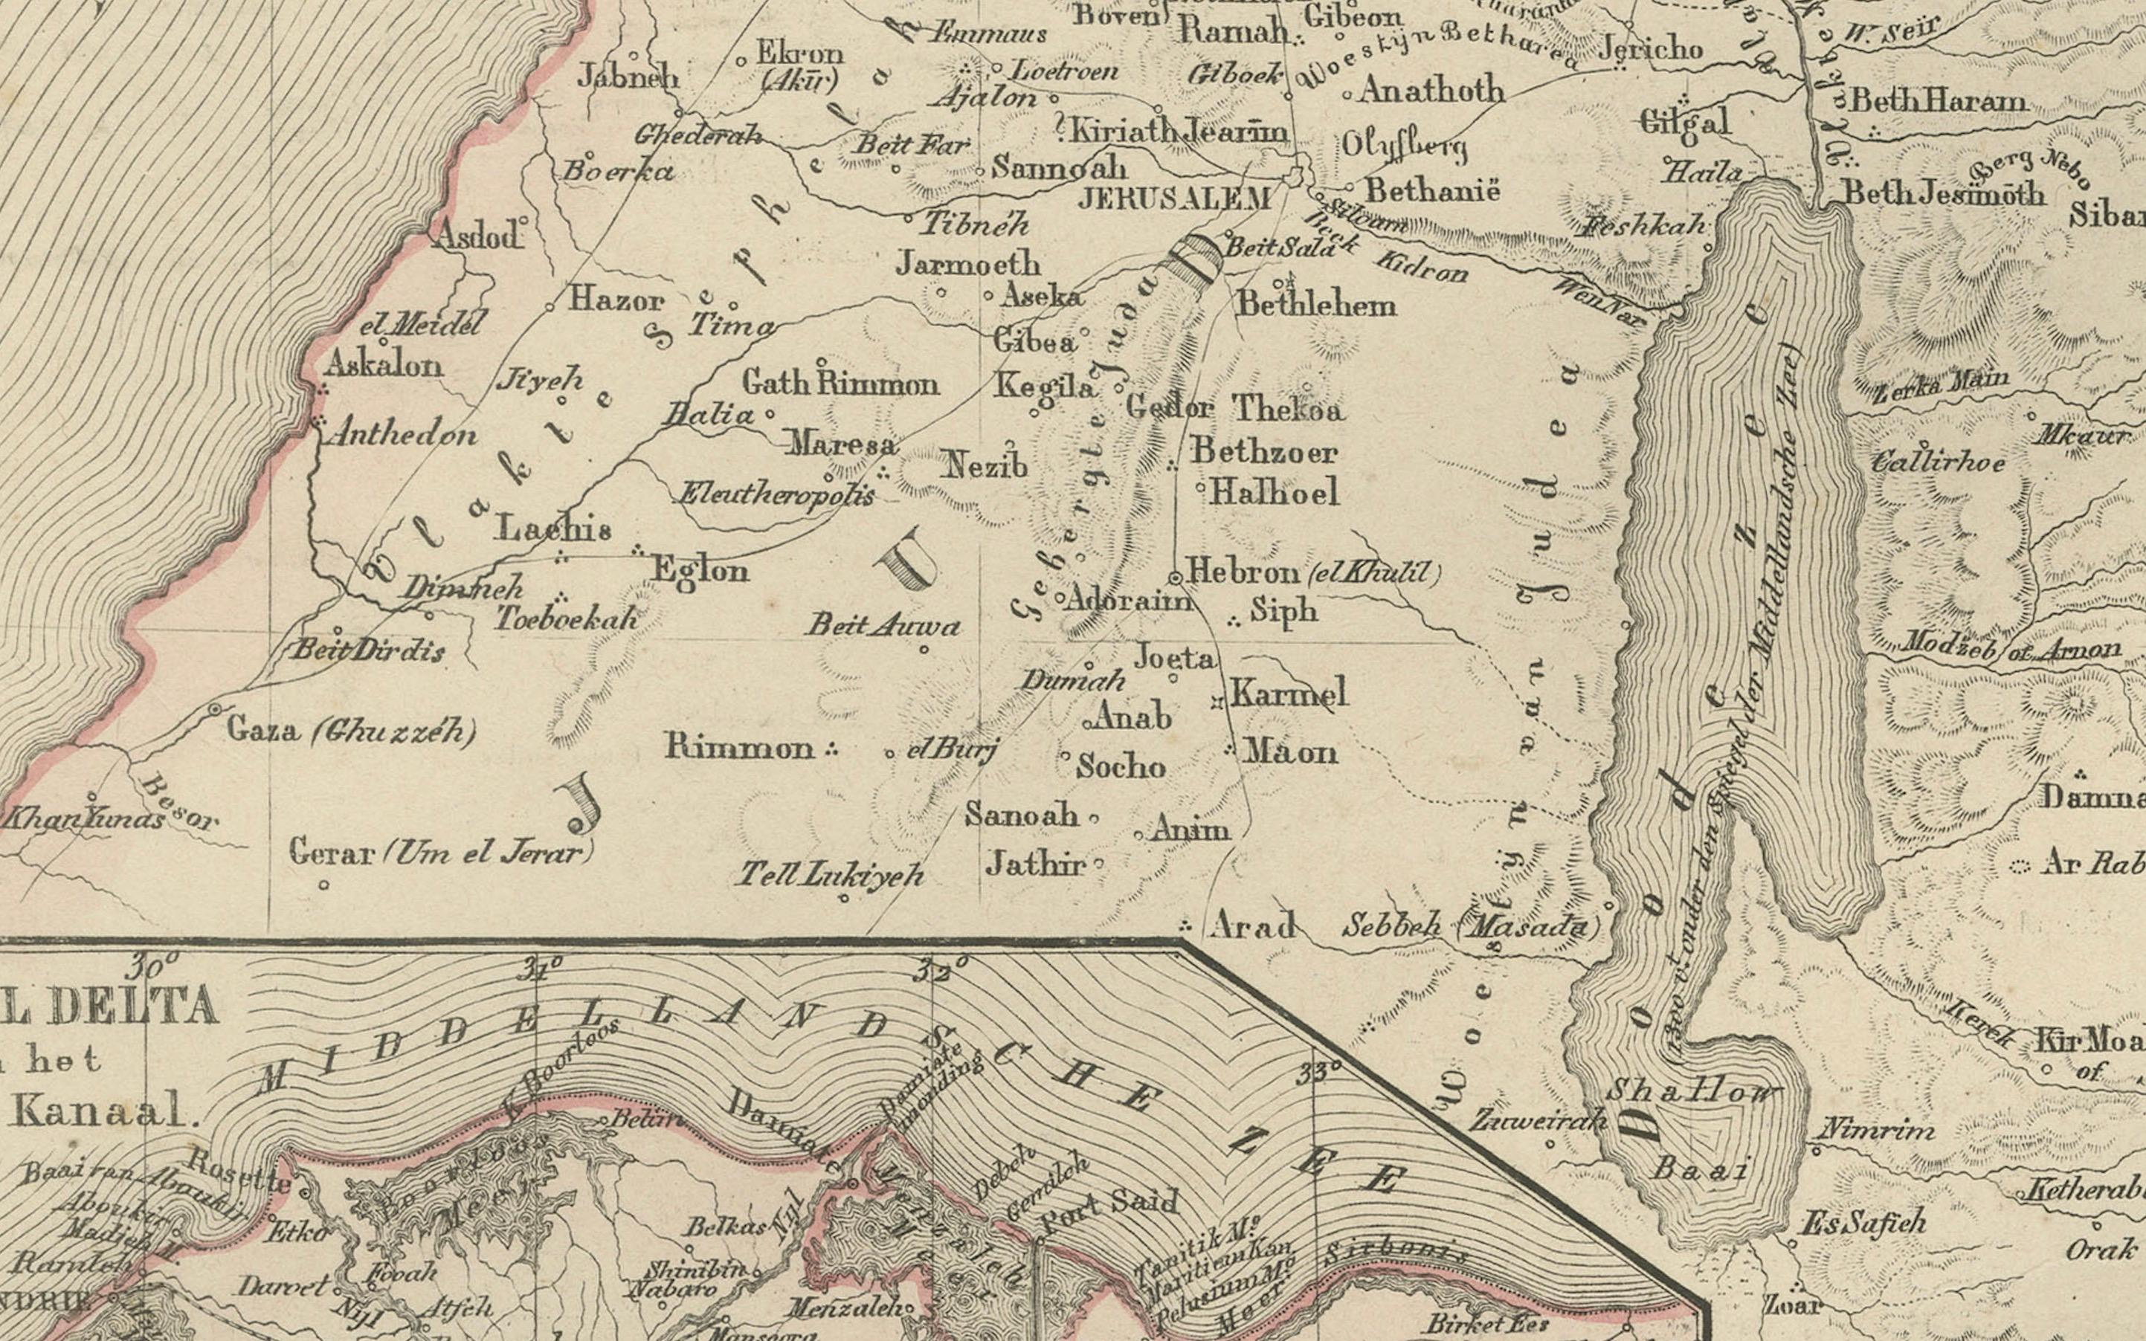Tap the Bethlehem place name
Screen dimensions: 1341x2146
pos(1316,305)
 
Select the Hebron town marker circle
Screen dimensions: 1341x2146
pos(1176,578)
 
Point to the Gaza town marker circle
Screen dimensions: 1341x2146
pos(216,709)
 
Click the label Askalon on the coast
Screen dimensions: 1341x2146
pos(383,364)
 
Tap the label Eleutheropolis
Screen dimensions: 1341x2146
pos(776,495)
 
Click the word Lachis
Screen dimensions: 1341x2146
pos(553,529)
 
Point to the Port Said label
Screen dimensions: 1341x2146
pos(1109,1212)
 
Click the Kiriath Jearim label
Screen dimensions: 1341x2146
pos(1178,132)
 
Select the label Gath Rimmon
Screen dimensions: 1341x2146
pos(840,384)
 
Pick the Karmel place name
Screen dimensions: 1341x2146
pos(1288,693)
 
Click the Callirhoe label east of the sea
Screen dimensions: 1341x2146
pos(1939,463)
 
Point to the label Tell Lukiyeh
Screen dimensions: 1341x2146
pos(831,876)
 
